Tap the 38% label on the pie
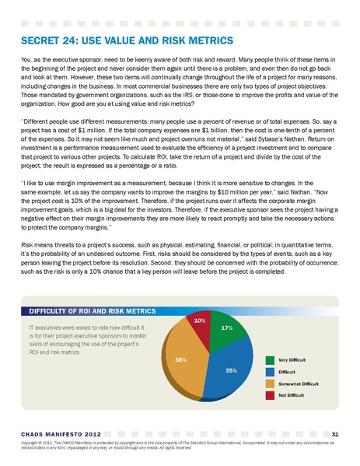tap(180, 359)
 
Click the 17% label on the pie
tap(227, 328)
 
